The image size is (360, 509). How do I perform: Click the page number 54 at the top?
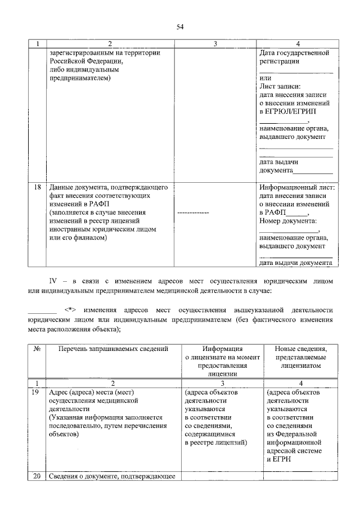[x=180, y=26]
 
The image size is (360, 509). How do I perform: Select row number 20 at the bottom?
[x=37, y=477]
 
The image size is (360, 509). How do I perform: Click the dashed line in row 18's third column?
[x=193, y=214]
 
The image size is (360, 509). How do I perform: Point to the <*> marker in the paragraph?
[x=69, y=310]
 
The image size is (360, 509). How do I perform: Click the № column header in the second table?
[x=37, y=349]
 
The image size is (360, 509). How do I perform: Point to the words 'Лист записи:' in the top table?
[x=280, y=87]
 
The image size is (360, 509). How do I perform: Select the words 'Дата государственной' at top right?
[x=294, y=53]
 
